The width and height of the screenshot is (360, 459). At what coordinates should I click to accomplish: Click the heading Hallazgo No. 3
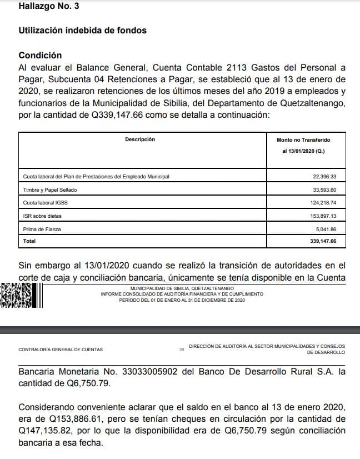pyautogui.click(x=49, y=7)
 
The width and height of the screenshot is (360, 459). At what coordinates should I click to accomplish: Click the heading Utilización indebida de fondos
pyautogui.click(x=82, y=31)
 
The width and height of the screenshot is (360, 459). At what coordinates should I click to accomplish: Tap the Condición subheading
pyautogui.click(x=40, y=56)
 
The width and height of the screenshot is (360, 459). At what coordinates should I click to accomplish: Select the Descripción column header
pyautogui.click(x=140, y=139)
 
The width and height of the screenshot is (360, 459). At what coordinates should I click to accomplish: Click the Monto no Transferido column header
pyautogui.click(x=303, y=140)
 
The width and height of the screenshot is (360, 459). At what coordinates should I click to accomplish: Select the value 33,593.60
pyautogui.click(x=325, y=189)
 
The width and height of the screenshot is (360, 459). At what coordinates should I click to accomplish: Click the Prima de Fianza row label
pyautogui.click(x=42, y=229)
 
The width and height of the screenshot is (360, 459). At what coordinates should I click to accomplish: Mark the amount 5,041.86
pyautogui.click(x=326, y=229)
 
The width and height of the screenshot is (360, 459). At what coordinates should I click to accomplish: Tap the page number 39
pyautogui.click(x=182, y=350)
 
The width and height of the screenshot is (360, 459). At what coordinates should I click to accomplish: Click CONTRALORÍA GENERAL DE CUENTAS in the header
pyautogui.click(x=61, y=350)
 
